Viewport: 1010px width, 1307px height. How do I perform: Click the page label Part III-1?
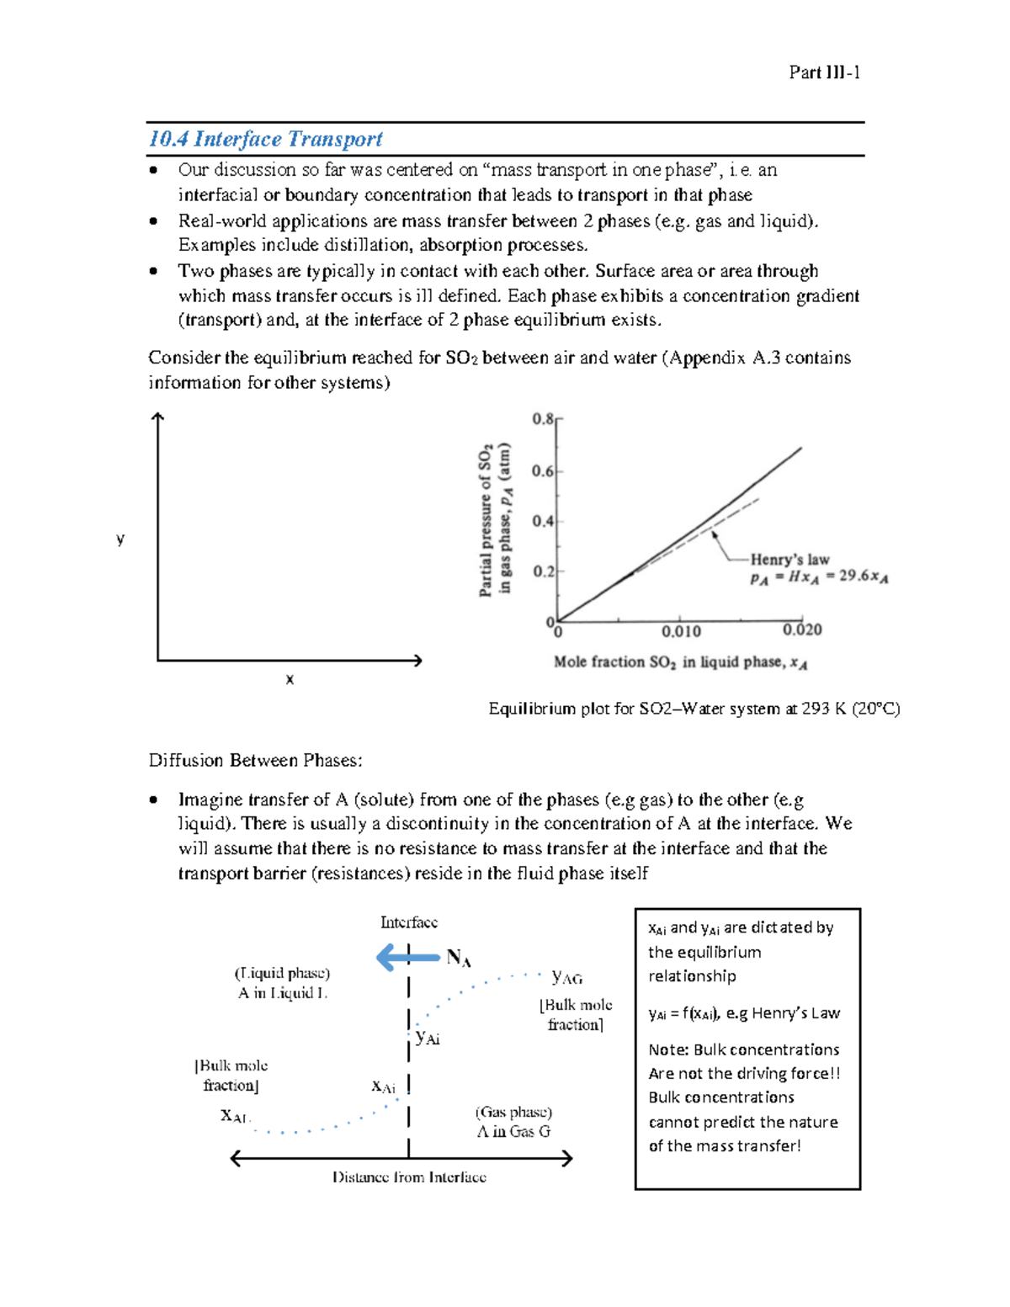pyautogui.click(x=823, y=72)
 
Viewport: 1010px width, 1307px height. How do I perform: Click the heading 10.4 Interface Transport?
pyautogui.click(x=265, y=139)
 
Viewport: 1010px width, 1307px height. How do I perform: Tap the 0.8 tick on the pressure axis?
pyautogui.click(x=543, y=419)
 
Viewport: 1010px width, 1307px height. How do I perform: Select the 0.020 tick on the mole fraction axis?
pyautogui.click(x=801, y=630)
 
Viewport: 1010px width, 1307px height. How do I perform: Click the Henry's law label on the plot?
pyautogui.click(x=789, y=560)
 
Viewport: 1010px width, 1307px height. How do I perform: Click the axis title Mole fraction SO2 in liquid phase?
pyautogui.click(x=680, y=662)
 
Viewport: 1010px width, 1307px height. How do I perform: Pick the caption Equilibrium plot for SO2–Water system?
pyautogui.click(x=694, y=709)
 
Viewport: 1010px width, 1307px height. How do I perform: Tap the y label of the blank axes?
pyautogui.click(x=121, y=539)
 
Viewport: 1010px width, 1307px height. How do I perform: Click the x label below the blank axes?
pyautogui.click(x=290, y=679)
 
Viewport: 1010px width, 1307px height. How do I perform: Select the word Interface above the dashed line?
pyautogui.click(x=409, y=922)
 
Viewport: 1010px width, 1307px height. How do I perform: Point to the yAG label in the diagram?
pyautogui.click(x=566, y=977)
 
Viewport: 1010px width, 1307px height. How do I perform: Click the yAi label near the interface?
pyautogui.click(x=428, y=1038)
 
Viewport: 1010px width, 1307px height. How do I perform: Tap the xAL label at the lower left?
pyautogui.click(x=235, y=1116)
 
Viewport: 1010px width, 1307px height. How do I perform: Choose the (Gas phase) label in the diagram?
pyautogui.click(x=513, y=1112)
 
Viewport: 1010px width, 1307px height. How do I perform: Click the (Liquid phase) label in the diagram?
pyautogui.click(x=282, y=973)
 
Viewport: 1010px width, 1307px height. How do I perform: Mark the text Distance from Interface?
pyautogui.click(x=409, y=1177)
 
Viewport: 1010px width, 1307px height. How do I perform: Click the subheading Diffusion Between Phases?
pyautogui.click(x=255, y=761)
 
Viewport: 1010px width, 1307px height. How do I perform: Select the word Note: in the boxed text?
pyautogui.click(x=668, y=1049)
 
